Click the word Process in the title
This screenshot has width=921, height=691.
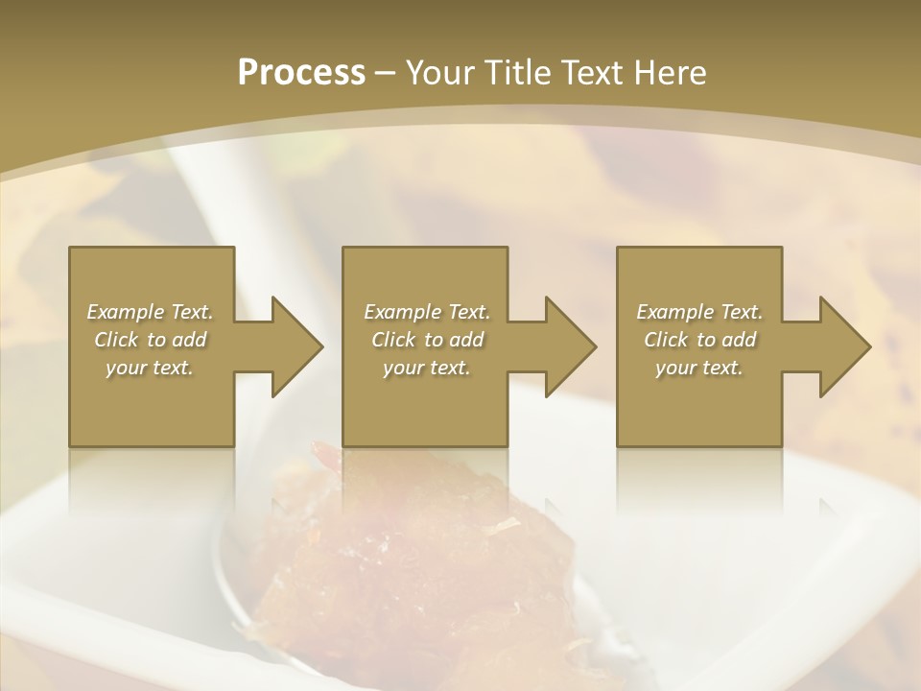(301, 73)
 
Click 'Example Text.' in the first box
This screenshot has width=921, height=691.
(151, 312)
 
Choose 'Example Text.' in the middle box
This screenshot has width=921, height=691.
(427, 312)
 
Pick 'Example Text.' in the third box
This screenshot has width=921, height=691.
(699, 312)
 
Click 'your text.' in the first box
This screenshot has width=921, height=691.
(149, 368)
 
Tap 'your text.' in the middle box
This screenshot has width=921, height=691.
(426, 368)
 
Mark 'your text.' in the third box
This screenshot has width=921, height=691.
(698, 368)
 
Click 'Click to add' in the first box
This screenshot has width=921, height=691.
(151, 340)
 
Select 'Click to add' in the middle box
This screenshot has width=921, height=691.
(427, 340)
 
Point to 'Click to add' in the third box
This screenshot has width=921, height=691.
(699, 340)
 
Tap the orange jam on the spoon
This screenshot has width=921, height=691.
(403, 566)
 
